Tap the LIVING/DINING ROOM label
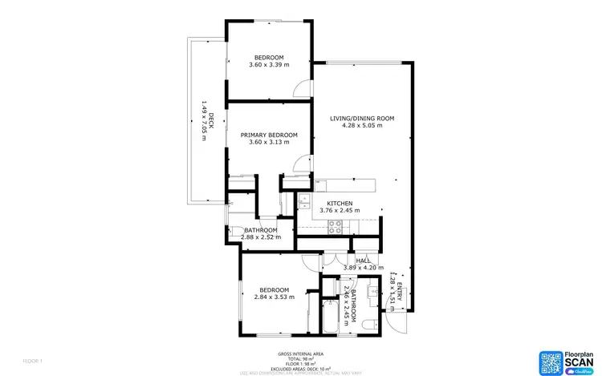[362, 119]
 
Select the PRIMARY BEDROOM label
[269, 135]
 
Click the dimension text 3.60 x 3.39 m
[269, 65]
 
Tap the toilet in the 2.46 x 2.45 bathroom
[368, 324]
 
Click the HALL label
[364, 261]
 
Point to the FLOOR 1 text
[33, 361]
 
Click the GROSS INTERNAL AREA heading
[300, 353]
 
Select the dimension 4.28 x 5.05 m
[362, 126]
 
